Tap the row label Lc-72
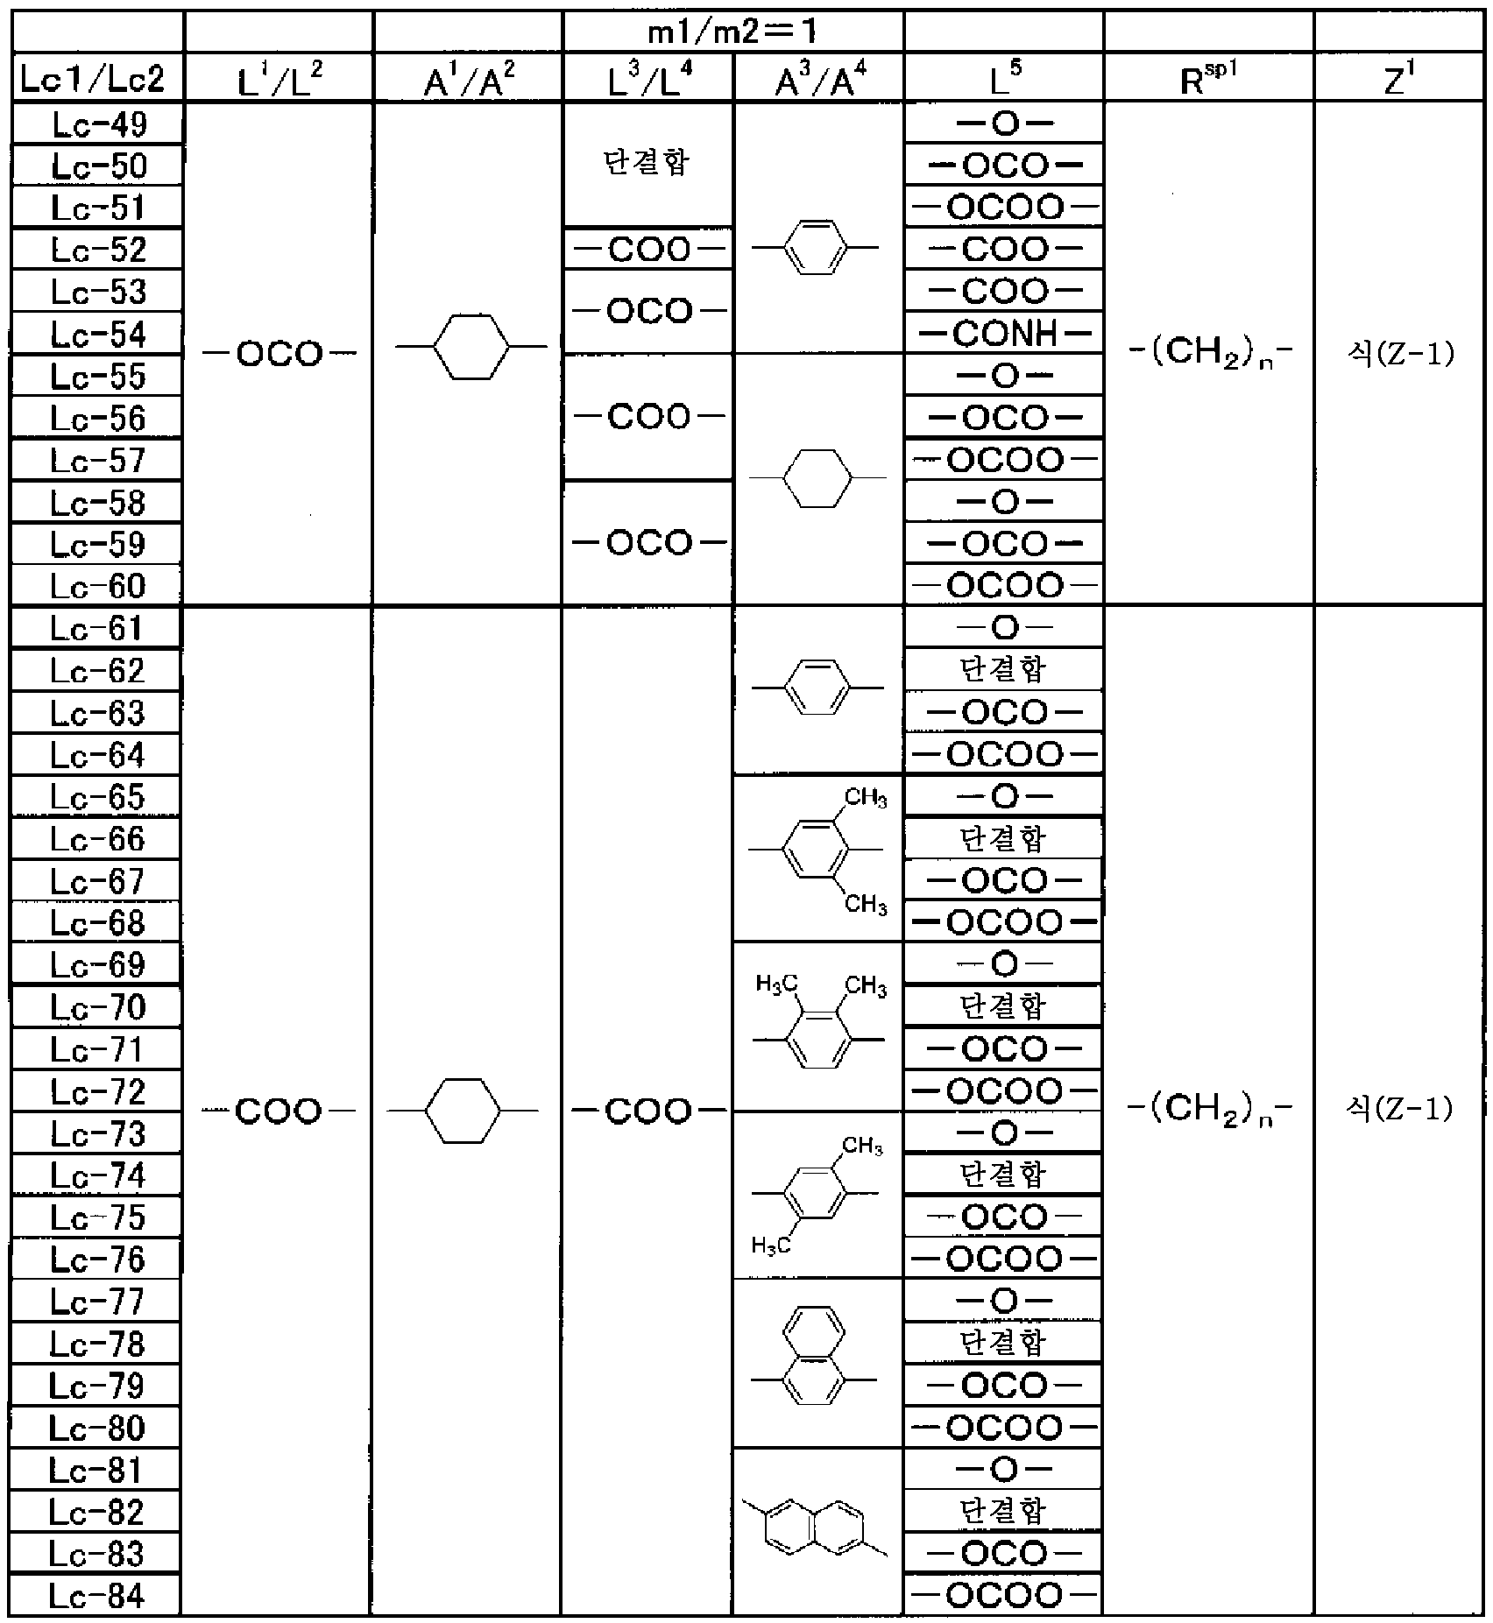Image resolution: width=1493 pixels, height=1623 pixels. (x=97, y=1091)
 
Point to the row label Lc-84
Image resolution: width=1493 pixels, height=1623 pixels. (x=96, y=1596)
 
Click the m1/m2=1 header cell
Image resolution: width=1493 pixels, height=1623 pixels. (x=732, y=32)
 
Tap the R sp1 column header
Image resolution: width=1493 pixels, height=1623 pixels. (x=1208, y=78)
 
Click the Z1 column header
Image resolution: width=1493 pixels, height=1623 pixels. (x=1398, y=78)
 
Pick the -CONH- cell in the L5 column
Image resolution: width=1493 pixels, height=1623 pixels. (x=1003, y=334)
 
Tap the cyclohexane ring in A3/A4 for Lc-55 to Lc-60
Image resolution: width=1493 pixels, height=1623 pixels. (x=817, y=478)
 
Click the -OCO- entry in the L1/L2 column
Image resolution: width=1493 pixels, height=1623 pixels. (x=279, y=355)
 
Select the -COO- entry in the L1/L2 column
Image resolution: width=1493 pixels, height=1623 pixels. (x=279, y=1111)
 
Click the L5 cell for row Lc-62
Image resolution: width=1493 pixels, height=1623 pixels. (x=1003, y=670)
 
